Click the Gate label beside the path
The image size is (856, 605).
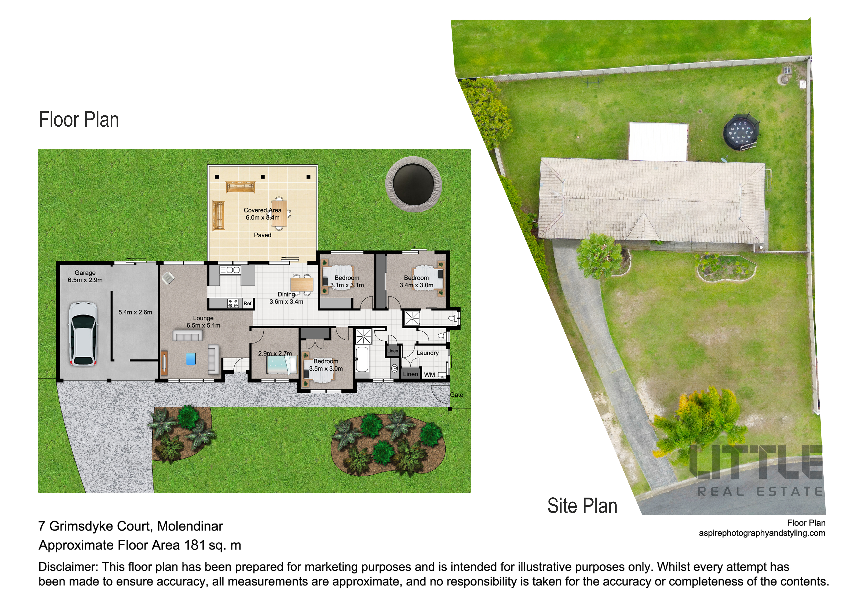(x=456, y=395)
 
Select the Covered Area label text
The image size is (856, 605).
(x=262, y=210)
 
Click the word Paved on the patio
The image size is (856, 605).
(x=262, y=235)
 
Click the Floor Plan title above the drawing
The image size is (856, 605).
(x=79, y=120)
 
